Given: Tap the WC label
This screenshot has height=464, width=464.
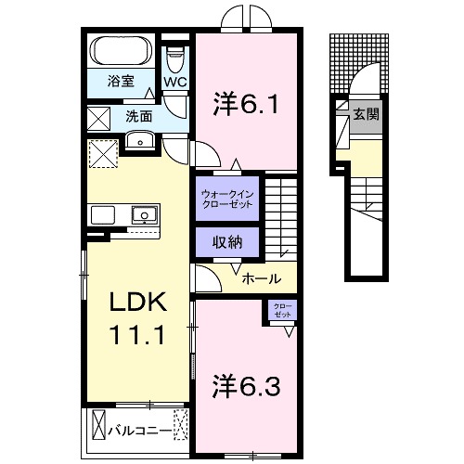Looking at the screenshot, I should tap(175, 82).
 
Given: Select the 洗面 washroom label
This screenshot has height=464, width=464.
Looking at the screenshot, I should tap(139, 117).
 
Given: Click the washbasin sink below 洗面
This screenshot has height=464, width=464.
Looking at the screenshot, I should tap(139, 140).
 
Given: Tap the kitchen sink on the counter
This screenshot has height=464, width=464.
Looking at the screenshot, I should tap(144, 215).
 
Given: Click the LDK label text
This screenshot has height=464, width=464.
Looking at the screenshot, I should tap(138, 303).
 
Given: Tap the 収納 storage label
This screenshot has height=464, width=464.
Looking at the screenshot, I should tap(226, 242).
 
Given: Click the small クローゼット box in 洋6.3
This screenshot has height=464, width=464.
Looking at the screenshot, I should tap(281, 311).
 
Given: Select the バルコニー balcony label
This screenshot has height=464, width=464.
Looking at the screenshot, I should tap(138, 431).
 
